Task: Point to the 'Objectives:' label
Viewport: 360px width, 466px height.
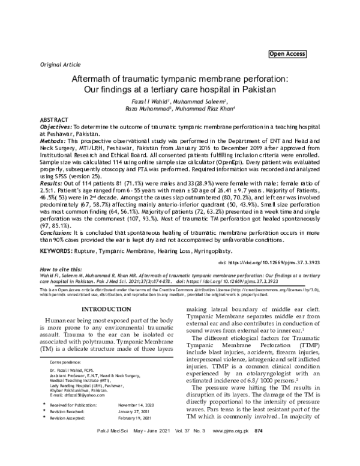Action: coord(56,128)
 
